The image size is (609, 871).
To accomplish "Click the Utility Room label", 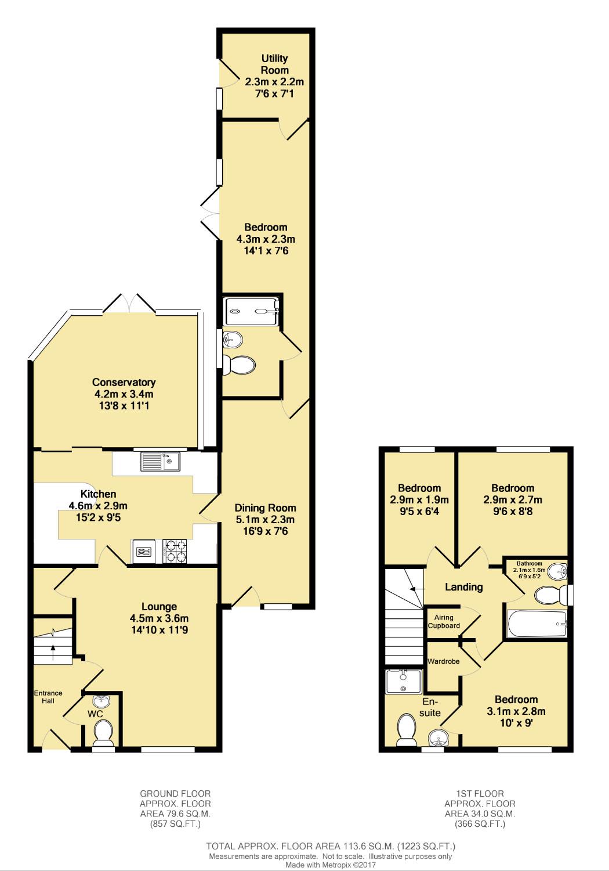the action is (274, 64).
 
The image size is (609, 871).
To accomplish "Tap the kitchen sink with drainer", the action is (161, 462).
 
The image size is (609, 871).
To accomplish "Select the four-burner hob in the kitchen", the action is (175, 551).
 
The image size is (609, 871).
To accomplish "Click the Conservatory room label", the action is (124, 382).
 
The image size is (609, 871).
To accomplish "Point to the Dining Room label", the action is (265, 508).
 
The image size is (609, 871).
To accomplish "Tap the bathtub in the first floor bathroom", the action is (537, 624).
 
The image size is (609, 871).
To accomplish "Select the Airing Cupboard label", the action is (444, 621).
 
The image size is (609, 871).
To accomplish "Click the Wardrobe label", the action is (444, 661).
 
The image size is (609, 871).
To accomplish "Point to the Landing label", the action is (464, 587).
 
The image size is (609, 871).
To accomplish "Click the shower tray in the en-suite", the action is (404, 682).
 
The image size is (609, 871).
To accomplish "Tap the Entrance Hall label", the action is (48, 697).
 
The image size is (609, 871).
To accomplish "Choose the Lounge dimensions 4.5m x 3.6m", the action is (159, 618).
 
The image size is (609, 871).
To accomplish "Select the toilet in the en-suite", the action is (405, 729).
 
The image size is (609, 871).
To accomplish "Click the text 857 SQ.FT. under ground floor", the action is (175, 824).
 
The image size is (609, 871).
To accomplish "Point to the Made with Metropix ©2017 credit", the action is (331, 865).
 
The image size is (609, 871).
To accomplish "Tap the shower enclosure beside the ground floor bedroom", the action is (251, 311).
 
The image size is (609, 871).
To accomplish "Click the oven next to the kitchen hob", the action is (144, 551).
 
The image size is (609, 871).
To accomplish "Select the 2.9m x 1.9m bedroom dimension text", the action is (419, 499).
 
